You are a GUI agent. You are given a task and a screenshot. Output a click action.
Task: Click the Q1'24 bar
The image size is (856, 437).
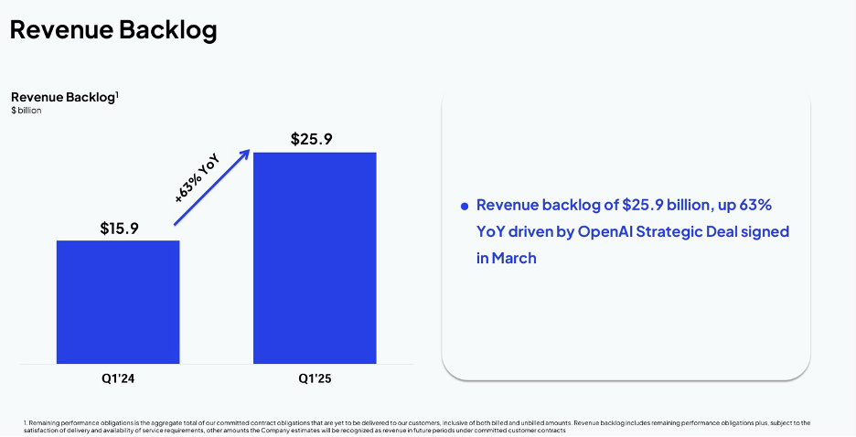[x=118, y=302]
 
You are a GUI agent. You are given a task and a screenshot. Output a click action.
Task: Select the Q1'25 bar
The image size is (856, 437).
[x=315, y=258]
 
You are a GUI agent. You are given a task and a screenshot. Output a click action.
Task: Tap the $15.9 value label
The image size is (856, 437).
[x=119, y=228]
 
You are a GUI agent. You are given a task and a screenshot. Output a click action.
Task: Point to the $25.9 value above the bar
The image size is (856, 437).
[x=315, y=140]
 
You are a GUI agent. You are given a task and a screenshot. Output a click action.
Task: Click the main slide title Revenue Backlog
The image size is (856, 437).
[x=113, y=29]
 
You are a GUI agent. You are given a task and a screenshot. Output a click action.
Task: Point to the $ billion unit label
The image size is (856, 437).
[x=27, y=111]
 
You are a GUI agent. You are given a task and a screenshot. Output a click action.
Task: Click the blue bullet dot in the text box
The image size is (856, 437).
[x=465, y=207]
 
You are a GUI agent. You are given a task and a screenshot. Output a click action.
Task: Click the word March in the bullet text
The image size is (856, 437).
[x=514, y=258]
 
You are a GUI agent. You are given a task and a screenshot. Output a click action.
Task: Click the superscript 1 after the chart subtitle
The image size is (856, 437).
[x=118, y=93]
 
